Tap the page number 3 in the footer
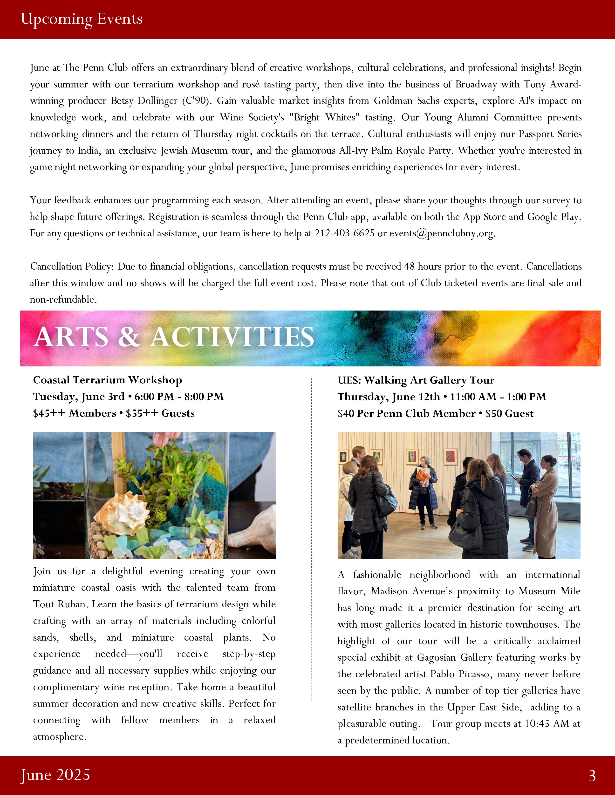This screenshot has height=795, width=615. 592,776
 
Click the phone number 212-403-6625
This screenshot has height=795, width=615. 344,233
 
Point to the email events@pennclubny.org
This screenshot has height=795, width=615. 442,233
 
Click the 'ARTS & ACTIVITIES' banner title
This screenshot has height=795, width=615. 174,337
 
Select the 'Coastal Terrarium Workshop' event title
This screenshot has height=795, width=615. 108,380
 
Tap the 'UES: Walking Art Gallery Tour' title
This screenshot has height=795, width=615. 416,380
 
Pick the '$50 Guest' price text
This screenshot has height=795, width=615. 509,413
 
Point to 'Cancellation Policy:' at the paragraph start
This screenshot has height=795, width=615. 72,266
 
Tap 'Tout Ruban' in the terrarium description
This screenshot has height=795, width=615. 60,604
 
